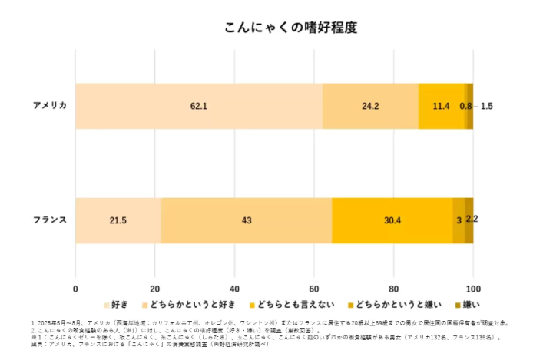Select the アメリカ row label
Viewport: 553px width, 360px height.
pyautogui.click(x=49, y=105)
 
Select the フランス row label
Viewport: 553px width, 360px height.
pyautogui.click(x=49, y=220)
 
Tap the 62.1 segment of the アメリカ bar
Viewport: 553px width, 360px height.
pyautogui.click(x=199, y=106)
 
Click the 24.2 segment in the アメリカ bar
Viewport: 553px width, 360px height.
pyautogui.click(x=370, y=106)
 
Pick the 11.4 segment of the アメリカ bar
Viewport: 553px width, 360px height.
pyautogui.click(x=442, y=106)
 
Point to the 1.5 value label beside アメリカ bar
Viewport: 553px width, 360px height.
pyautogui.click(x=487, y=106)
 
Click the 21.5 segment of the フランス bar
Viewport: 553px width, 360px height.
pyautogui.click(x=118, y=220)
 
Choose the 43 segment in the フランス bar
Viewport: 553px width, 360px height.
pyautogui.click(x=247, y=220)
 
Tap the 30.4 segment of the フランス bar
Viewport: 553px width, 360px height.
pyautogui.click(x=392, y=220)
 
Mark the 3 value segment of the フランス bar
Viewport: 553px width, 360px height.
pyautogui.click(x=459, y=220)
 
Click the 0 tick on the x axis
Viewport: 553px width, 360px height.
pyautogui.click(x=75, y=289)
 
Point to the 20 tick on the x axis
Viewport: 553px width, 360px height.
pyautogui.click(x=154, y=289)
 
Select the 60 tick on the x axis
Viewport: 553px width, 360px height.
pyautogui.click(x=314, y=289)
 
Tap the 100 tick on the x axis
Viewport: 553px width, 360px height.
pyautogui.click(x=473, y=289)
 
